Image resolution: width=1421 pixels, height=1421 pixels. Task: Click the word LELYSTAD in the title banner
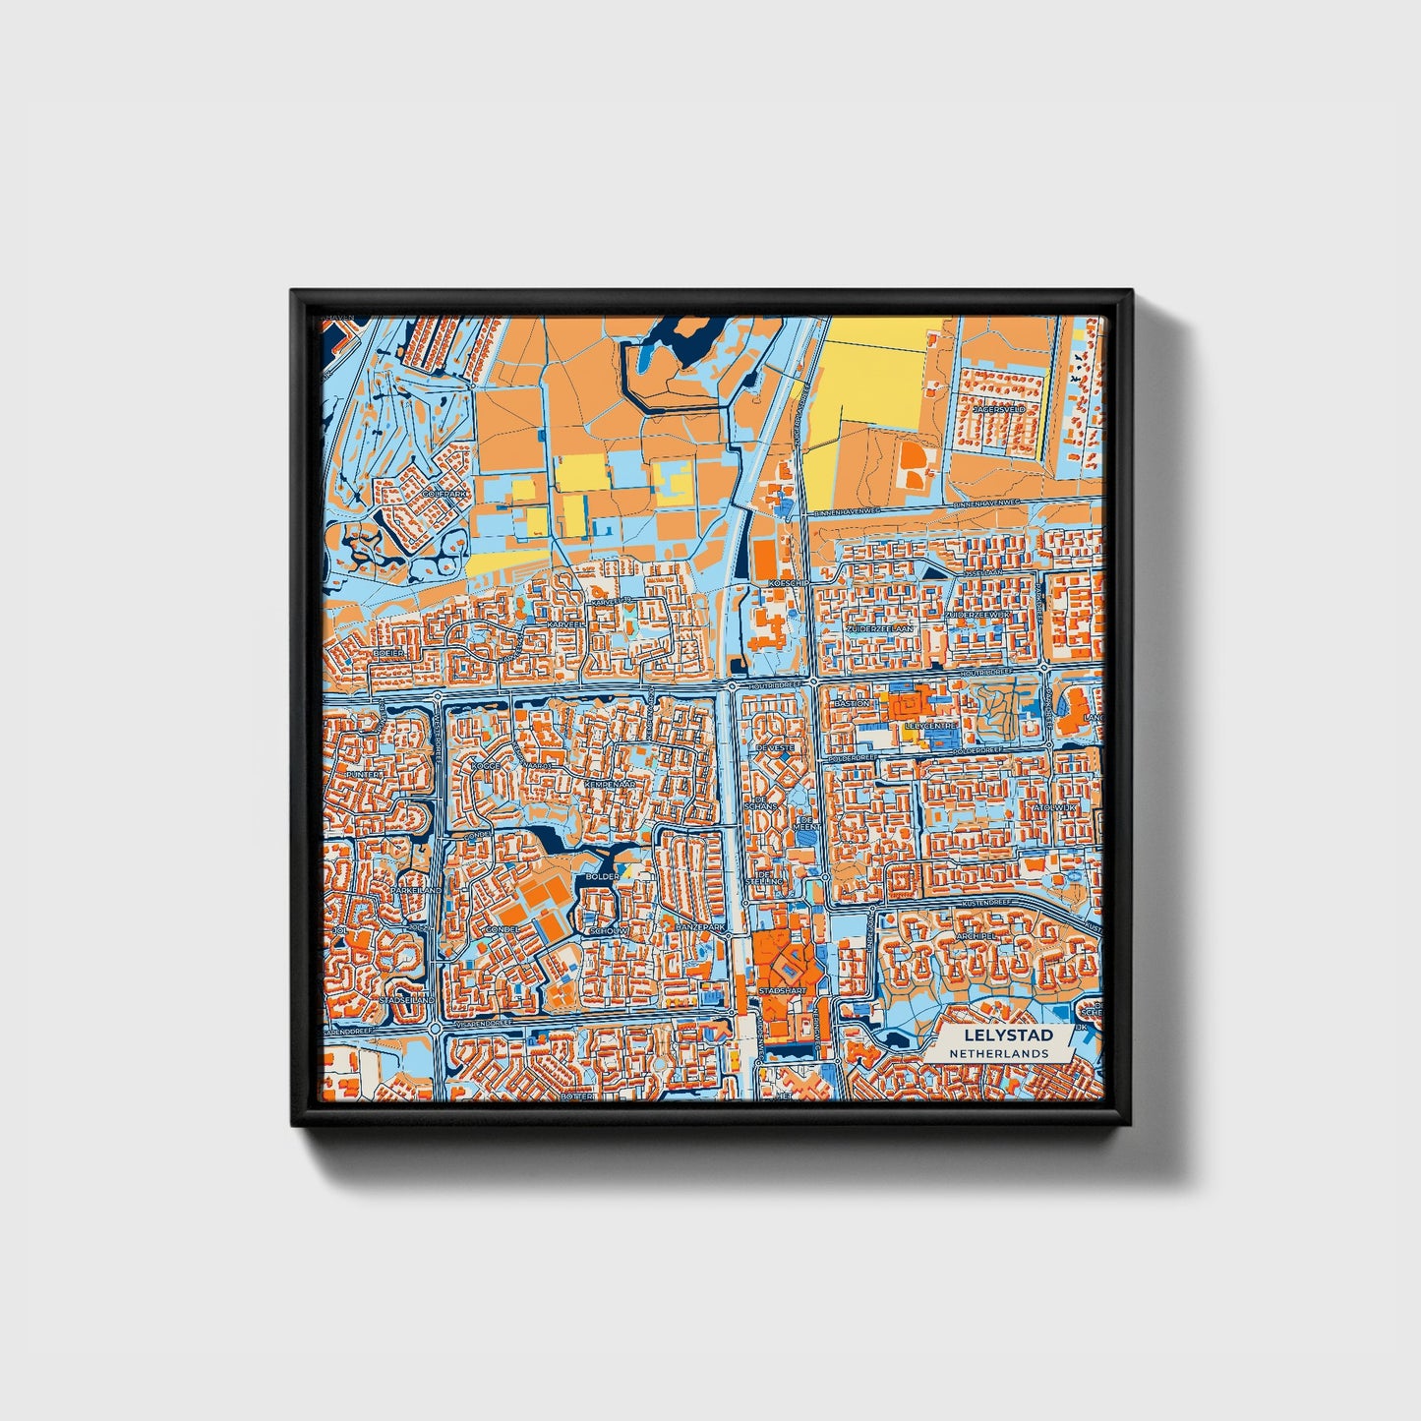1008,1036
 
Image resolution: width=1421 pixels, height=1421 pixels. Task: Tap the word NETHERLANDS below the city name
999,1053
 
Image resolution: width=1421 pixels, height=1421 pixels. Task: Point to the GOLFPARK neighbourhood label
441,493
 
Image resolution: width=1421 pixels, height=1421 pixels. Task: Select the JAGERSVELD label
999,408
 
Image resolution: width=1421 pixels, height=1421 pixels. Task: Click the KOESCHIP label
788,583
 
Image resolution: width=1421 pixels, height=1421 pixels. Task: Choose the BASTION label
852,704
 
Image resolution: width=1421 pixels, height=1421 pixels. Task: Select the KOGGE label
486,766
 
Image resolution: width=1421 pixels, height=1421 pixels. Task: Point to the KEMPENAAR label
605,785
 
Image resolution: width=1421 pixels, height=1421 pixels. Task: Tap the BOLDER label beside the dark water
602,876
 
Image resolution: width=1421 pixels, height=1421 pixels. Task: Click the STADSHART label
782,991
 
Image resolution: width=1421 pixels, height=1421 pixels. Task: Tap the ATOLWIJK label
1056,807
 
